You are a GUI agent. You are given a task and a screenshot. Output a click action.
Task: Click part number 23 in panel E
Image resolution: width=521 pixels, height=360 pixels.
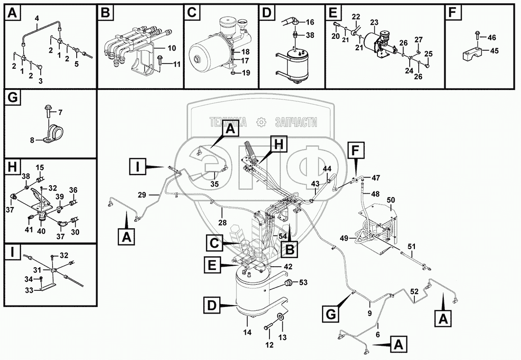point(374,22)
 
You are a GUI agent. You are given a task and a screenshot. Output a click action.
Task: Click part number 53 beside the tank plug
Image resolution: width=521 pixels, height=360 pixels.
point(302,283)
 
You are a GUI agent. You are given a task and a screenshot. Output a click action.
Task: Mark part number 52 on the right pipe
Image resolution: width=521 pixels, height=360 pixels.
point(414,292)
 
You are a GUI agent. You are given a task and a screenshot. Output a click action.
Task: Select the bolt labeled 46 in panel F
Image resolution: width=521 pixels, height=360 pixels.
point(477,36)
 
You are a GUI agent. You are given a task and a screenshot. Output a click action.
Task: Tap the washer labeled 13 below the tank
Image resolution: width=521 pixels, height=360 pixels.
point(280,316)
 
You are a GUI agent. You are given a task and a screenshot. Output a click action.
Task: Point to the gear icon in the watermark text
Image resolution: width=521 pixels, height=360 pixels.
point(260,122)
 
